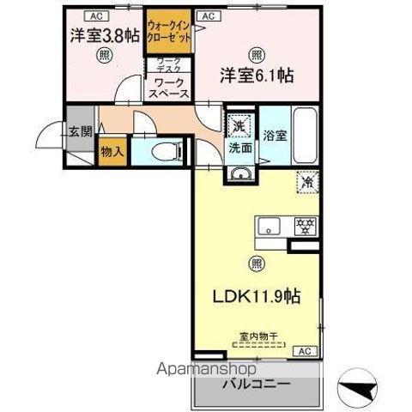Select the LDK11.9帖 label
(256, 296)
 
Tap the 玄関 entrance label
(81, 131)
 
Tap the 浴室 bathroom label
(274, 135)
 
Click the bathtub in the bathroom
(305, 134)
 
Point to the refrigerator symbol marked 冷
(308, 182)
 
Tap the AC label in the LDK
(305, 351)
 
